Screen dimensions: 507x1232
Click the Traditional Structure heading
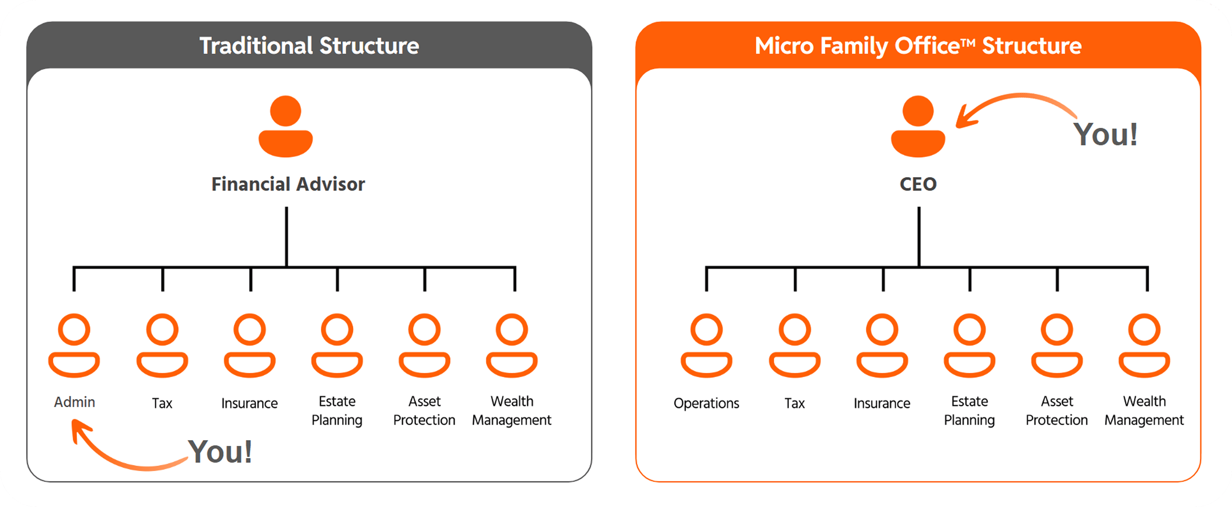point(309,46)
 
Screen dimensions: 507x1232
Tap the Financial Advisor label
point(288,184)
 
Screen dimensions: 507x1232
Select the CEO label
point(918,184)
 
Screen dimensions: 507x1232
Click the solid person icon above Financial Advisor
point(286,127)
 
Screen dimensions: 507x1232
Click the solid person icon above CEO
point(918,127)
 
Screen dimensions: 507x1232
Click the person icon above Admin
point(74,345)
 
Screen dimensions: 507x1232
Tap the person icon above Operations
point(706,345)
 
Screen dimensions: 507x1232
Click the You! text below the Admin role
point(220,452)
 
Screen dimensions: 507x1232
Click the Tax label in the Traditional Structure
point(162,403)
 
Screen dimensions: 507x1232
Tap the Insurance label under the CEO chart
point(882,403)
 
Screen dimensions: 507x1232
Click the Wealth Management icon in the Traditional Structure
point(512,345)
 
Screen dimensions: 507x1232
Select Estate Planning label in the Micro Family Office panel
point(970,410)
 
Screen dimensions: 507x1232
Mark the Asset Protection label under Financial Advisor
point(424,410)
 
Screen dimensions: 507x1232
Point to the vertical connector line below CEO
point(919,237)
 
